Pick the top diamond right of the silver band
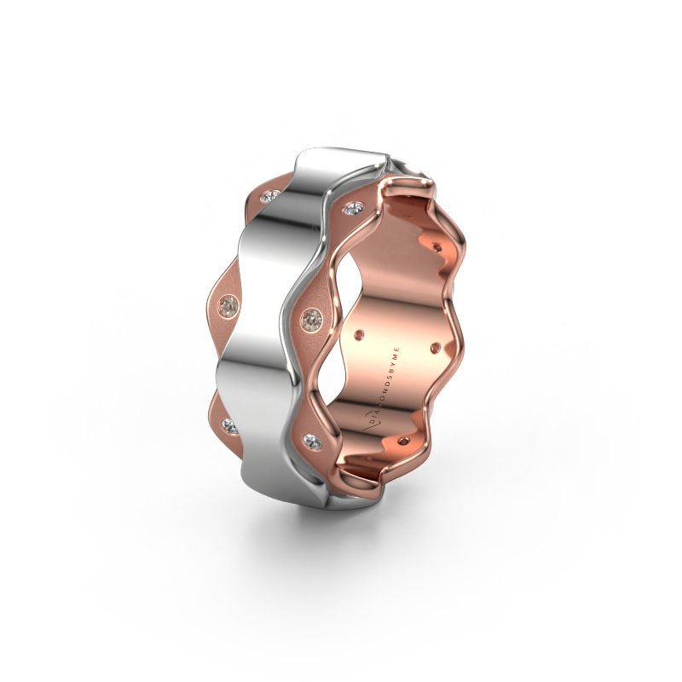pyautogui.click(x=352, y=208)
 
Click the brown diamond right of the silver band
pyautogui.click(x=311, y=318)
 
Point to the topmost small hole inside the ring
pyautogui.click(x=439, y=247)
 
